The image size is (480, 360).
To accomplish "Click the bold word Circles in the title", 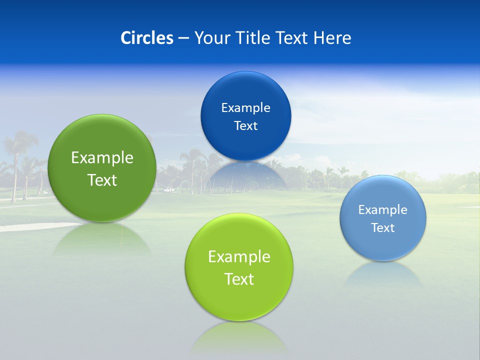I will tap(147, 38).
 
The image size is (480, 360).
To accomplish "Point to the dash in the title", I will tap(183, 38).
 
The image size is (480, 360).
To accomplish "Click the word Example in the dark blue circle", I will tap(245, 107).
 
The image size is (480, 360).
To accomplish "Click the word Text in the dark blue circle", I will tap(245, 125).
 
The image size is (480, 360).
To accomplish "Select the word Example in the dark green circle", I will tap(102, 157).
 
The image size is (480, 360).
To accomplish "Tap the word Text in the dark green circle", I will tap(102, 180).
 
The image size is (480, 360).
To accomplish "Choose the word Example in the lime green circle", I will tap(239, 256).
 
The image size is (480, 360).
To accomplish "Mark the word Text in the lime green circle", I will tap(239, 279).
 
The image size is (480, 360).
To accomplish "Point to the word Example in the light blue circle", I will tap(383, 209).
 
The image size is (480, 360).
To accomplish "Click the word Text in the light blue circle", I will tap(383, 227).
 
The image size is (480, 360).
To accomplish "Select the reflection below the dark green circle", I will tap(102, 239).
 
